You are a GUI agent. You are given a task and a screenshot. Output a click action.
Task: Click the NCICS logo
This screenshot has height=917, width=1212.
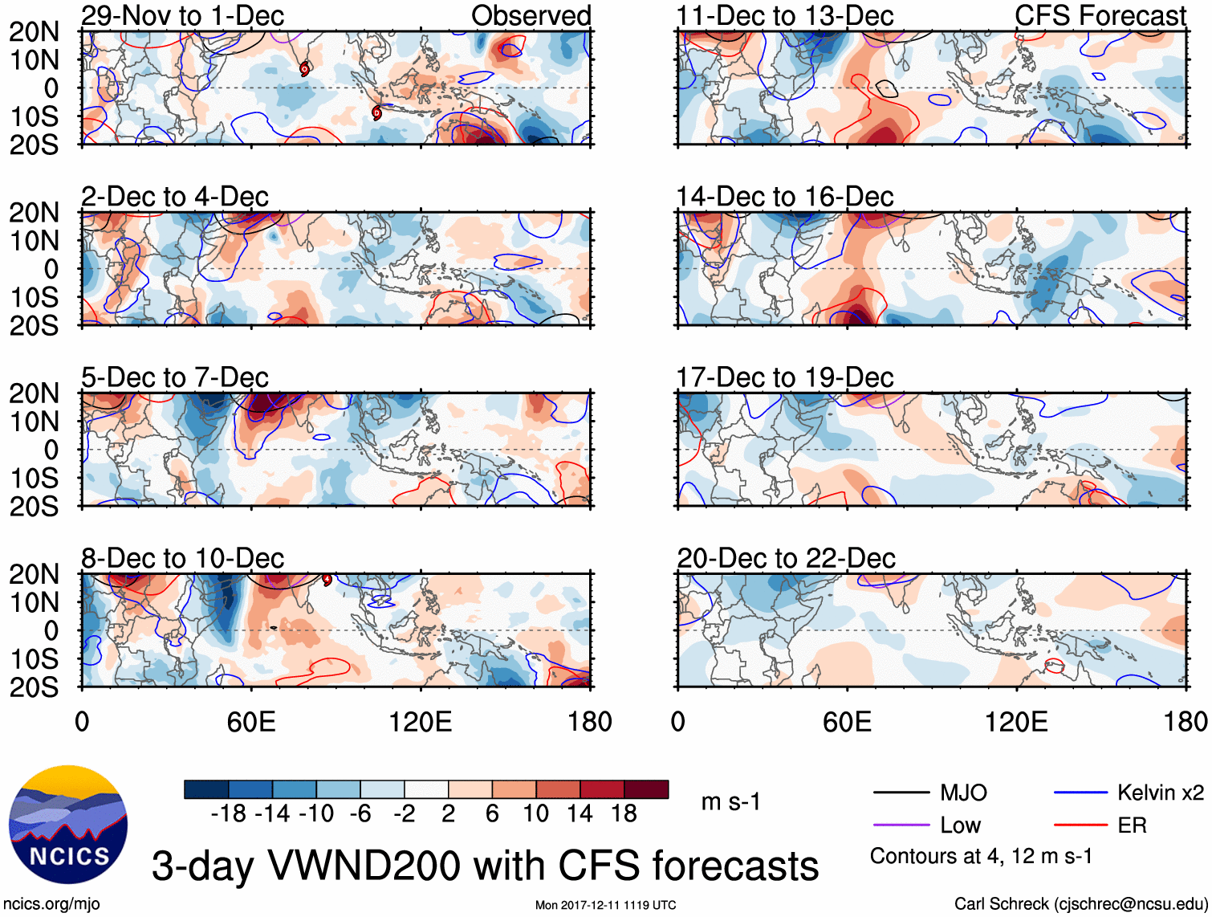[67, 825]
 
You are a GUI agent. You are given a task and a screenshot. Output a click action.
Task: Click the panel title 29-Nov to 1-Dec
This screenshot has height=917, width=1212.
[182, 15]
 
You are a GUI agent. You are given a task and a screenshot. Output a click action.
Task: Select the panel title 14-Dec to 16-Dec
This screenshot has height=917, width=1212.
[784, 197]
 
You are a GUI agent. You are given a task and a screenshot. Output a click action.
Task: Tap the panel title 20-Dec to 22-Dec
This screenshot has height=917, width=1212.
[786, 558]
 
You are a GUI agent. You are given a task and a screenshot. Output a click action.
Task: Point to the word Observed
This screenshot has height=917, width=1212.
[531, 15]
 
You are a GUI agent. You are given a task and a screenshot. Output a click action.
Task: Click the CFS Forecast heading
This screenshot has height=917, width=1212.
[1100, 15]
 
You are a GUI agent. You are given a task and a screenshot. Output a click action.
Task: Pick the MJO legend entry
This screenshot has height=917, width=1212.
[963, 793]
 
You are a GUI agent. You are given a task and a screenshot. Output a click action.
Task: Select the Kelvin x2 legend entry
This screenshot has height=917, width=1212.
[1160, 793]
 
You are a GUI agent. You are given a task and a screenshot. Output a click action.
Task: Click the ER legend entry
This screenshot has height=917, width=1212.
[1132, 825]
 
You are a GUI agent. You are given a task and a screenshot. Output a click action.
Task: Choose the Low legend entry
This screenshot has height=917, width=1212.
[960, 825]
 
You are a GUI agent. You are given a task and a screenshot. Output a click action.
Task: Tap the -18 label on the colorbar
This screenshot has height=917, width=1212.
[229, 814]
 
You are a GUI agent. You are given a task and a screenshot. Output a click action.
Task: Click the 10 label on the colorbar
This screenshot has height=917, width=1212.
[535, 814]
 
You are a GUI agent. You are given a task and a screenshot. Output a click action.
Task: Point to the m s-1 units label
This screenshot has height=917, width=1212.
[730, 802]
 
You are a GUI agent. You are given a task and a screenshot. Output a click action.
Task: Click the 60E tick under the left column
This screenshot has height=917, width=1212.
[251, 722]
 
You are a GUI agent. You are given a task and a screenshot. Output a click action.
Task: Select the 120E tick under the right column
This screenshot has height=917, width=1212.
[1016, 722]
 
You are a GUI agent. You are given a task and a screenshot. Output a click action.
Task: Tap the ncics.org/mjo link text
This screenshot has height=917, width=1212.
[51, 904]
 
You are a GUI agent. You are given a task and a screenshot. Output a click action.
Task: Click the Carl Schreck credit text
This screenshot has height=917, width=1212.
[1080, 904]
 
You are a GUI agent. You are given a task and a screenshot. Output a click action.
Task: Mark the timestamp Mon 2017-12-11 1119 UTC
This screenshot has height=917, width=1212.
[605, 905]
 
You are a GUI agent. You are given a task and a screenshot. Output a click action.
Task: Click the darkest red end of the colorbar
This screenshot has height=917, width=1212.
[646, 789]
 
